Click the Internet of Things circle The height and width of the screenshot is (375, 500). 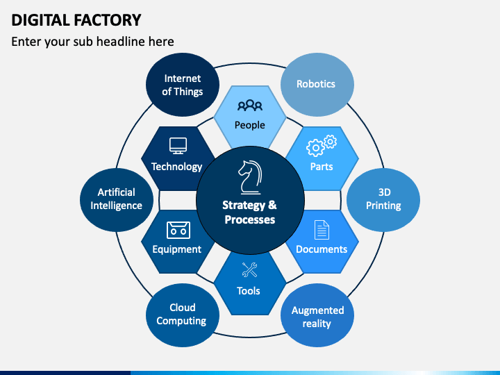point(183,85)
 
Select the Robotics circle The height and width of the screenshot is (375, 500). point(317,85)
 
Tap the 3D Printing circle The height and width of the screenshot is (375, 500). point(383,200)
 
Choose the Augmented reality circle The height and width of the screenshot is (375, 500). point(317,315)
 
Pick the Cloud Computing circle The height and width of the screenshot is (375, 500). point(183,315)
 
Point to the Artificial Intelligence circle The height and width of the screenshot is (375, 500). point(117,200)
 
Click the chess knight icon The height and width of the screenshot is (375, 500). point(250,177)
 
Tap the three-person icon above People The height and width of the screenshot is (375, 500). point(250,106)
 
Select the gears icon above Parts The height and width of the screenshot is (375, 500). point(322,146)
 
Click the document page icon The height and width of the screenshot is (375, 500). point(322,230)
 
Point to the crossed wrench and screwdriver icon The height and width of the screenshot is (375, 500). point(250,269)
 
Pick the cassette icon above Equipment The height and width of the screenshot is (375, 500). point(178,230)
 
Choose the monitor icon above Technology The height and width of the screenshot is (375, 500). point(178,146)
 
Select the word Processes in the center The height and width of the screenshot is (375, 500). point(250,219)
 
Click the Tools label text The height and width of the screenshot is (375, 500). point(249,291)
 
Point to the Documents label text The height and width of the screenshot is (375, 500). point(322,249)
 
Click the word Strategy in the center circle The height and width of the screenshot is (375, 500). point(244,206)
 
